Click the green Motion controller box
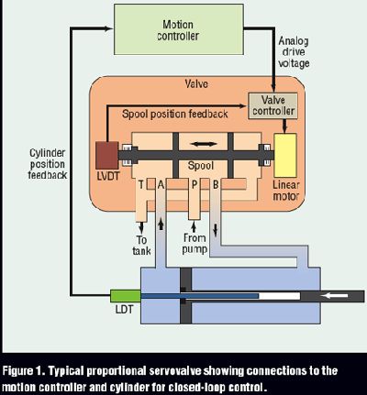[179, 29]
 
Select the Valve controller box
[272, 105]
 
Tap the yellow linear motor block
[285, 155]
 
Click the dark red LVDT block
[107, 155]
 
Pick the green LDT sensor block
[126, 296]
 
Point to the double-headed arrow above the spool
[205, 144]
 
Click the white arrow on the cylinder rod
[335, 295]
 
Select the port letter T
[141, 184]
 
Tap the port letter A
[161, 184]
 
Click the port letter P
[195, 184]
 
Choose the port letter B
[216, 184]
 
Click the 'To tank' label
[141, 246]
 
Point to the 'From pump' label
[195, 244]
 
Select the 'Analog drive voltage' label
[294, 52]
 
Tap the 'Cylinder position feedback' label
[48, 164]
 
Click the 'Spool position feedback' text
[175, 114]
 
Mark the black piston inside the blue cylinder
[186, 296]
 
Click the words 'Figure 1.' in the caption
[24, 371]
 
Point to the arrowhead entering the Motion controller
[109, 28]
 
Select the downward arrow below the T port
[141, 226]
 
